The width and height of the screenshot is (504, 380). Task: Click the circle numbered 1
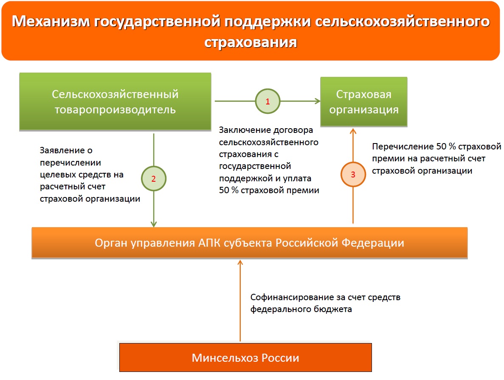click(267, 101)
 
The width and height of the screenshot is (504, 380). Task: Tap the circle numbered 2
click(154, 178)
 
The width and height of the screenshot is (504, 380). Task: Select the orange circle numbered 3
click(353, 174)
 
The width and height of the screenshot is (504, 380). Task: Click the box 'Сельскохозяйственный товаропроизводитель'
click(115, 101)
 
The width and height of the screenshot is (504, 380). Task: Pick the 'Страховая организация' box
click(364, 102)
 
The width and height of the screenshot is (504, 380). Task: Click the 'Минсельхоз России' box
click(245, 357)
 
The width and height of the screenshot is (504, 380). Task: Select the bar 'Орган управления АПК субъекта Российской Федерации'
click(250, 243)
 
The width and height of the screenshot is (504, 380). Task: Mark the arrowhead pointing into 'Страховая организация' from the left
click(317, 101)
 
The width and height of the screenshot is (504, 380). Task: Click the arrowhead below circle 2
click(154, 224)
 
